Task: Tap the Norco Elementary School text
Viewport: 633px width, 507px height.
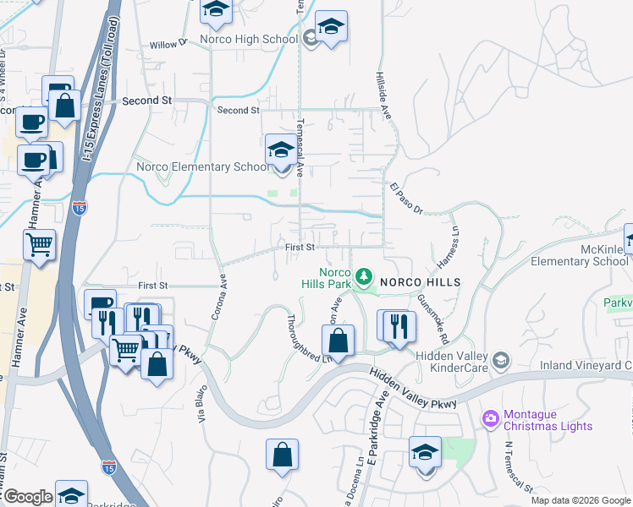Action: click(x=203, y=167)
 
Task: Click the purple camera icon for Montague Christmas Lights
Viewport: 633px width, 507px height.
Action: click(x=490, y=419)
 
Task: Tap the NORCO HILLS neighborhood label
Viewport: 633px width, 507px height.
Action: click(x=419, y=281)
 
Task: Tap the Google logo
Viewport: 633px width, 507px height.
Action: click(x=28, y=497)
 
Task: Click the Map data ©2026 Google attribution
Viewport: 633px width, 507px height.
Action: click(x=581, y=500)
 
